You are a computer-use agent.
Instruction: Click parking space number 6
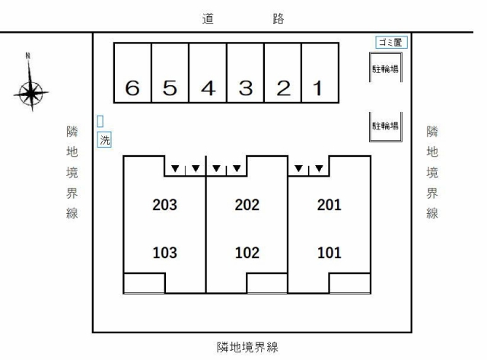[132, 72]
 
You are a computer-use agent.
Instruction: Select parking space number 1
[320, 72]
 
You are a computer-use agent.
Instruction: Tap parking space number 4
[208, 72]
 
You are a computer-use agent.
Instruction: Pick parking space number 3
[245, 72]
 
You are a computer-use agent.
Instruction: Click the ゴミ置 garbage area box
[391, 43]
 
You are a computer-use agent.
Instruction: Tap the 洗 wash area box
[104, 140]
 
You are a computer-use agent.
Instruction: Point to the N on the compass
[28, 56]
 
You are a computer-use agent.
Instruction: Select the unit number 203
[164, 205]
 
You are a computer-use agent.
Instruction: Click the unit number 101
[329, 253]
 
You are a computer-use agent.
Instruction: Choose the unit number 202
[247, 205]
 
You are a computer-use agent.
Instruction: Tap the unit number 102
[247, 253]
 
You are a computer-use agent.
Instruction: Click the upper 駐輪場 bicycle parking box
[386, 68]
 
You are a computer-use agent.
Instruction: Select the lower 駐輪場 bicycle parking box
[386, 127]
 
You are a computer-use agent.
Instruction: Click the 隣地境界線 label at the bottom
[247, 347]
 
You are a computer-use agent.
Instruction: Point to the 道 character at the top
[208, 18]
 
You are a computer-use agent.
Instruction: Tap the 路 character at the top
[279, 18]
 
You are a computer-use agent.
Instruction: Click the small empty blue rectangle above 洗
[100, 121]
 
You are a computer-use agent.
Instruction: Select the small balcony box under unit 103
[144, 283]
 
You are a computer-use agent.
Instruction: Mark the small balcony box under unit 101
[350, 283]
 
